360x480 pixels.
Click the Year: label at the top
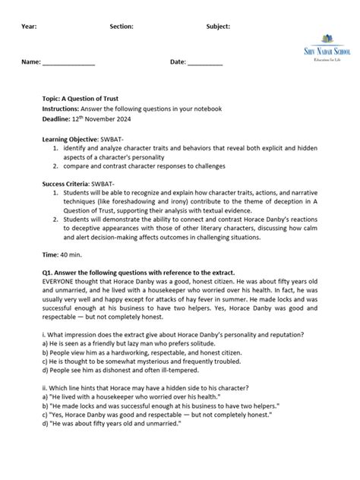(x=30, y=26)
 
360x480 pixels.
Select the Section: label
(x=122, y=26)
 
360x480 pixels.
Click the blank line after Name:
(x=68, y=62)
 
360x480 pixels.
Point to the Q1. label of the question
(x=49, y=271)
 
